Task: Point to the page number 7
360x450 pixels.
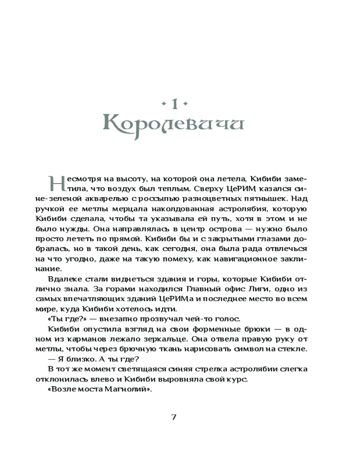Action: tap(174, 416)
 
